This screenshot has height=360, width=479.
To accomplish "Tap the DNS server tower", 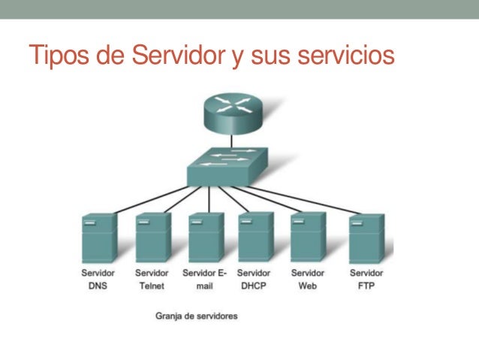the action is [99, 237].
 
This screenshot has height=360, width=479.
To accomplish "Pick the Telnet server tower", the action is [152, 237].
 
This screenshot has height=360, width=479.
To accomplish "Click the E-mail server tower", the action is [205, 237].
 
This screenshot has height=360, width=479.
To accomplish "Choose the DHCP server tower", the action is [255, 237].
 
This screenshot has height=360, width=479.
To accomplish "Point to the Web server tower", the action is [308, 237].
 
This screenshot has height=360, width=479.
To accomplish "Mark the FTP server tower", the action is [366, 237].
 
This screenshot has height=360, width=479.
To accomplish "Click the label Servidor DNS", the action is [98, 279].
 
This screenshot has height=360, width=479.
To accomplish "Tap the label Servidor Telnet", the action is [152, 279].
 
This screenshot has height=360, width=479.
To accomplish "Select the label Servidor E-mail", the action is [204, 279].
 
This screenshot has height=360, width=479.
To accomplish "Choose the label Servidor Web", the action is [308, 279].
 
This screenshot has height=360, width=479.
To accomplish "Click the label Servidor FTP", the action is [366, 279].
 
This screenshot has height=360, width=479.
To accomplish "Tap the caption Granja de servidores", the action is [196, 316].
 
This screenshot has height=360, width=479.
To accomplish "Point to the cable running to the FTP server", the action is [323, 198].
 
